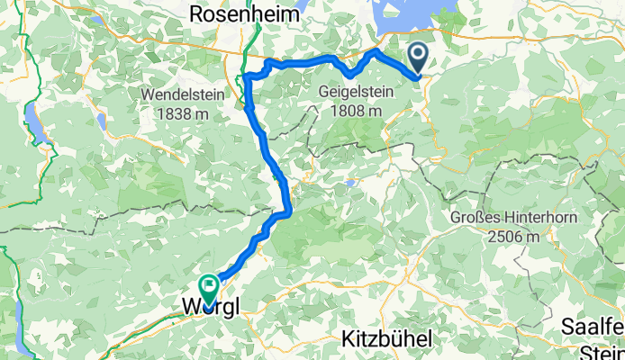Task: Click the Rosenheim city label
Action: point(239,13)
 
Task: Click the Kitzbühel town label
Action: point(387,339)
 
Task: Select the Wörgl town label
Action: point(212,306)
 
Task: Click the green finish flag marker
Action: point(209,287)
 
